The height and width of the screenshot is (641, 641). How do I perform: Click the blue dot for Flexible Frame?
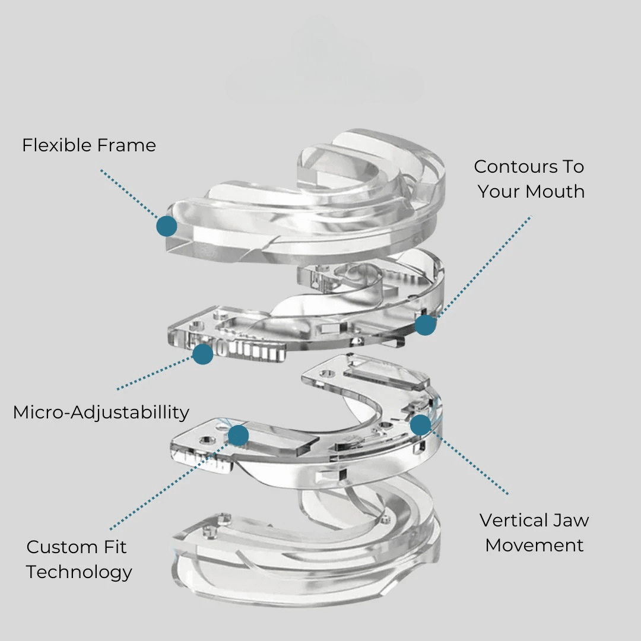click(167, 226)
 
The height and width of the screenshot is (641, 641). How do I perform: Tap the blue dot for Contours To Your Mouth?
click(426, 325)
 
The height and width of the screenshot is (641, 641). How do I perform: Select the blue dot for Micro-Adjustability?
click(203, 354)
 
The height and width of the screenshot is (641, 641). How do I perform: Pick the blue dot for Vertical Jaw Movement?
click(420, 424)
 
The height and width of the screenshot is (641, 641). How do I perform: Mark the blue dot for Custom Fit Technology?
click(238, 435)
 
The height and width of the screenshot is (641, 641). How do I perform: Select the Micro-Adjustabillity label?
click(101, 412)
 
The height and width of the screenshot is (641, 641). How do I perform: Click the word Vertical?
click(514, 521)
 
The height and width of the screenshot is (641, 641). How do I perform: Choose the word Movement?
click(534, 545)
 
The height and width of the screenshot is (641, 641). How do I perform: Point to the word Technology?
click(79, 572)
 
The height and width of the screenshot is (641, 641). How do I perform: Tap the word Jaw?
click(571, 521)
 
